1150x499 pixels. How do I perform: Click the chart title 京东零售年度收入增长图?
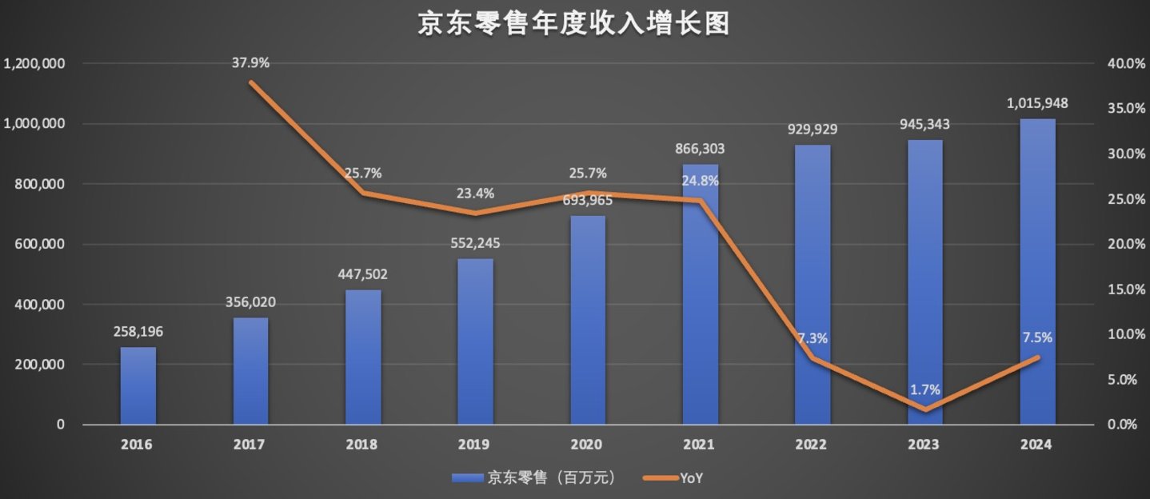573,24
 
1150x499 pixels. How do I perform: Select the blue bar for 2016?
138,385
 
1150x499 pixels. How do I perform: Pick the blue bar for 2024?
1037,272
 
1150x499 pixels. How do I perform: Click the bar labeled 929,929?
813,285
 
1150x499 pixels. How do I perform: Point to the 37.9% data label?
251,62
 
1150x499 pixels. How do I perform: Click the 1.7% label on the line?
924,390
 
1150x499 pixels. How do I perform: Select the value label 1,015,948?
1037,103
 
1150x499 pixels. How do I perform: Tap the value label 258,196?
138,331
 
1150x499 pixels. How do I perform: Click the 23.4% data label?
475,193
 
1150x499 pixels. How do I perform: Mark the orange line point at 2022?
813,358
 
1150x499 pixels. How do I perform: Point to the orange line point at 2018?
363,193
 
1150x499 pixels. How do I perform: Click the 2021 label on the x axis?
700,445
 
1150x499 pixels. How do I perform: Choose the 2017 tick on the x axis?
251,445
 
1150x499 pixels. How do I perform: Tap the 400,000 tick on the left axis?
40,305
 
